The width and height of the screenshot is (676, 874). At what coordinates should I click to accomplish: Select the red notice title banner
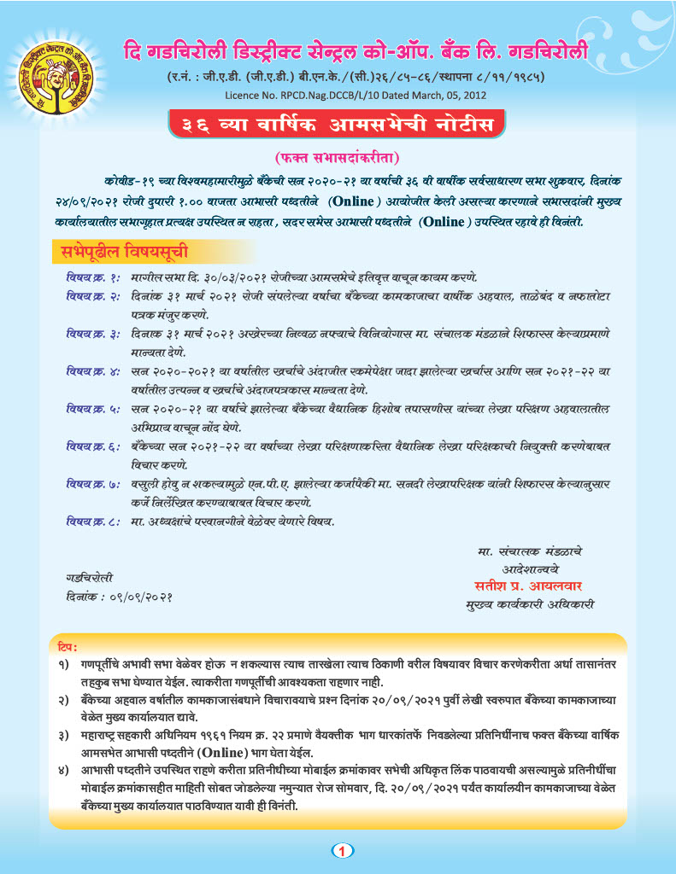338,125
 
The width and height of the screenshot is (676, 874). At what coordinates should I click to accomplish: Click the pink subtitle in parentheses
338,158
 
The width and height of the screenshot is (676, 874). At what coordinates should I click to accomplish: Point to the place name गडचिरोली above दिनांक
89,577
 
